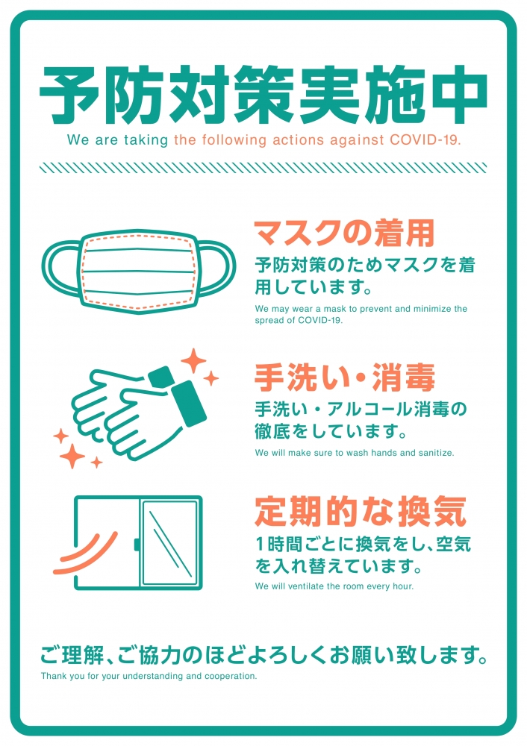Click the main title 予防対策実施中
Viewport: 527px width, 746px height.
tap(263, 95)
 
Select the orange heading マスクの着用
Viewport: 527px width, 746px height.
tap(343, 234)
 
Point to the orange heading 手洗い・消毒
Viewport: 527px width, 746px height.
tap(344, 378)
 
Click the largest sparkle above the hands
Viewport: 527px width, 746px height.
tap(194, 361)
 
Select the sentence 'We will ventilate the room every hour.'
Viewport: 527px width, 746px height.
tap(334, 586)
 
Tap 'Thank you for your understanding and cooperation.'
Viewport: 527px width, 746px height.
tap(149, 677)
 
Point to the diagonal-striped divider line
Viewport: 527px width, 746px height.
tap(263, 168)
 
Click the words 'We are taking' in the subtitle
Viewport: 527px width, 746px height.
tap(118, 140)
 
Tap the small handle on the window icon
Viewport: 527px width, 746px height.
tap(137, 544)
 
